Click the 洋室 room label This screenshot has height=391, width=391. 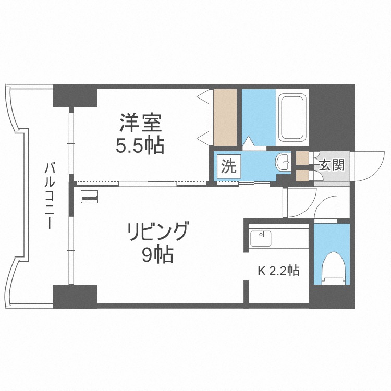pos(140,125)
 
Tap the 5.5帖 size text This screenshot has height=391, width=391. pos(140,146)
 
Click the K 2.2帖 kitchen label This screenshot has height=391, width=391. pos(279,271)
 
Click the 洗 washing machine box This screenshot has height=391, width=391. pos(228,167)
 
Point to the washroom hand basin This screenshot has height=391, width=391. pos(283,162)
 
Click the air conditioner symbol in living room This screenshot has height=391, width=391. pos(90,197)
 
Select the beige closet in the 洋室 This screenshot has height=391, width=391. pos(225,117)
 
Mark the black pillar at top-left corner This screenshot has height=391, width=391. pos(75,94)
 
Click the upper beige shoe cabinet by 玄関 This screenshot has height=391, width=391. pos(302,158)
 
